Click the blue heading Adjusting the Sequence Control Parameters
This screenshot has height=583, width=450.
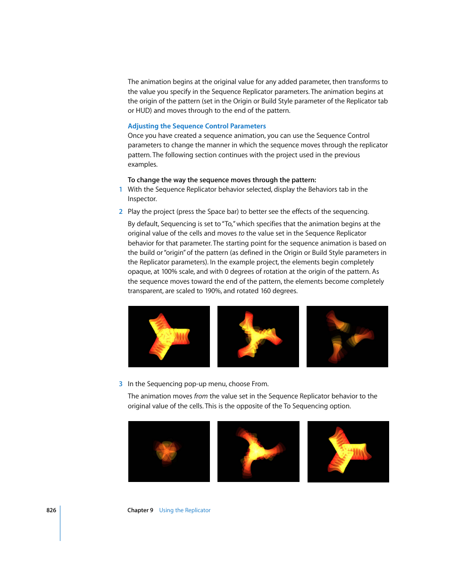197,126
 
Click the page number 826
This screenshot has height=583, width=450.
51,510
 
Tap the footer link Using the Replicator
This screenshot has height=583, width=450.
184,510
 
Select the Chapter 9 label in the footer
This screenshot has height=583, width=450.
140,510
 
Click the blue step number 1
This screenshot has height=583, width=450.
121,189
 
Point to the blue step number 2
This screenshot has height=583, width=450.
121,211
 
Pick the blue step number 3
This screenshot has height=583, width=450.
121,384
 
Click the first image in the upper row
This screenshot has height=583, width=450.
169,337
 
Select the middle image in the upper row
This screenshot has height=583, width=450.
258,337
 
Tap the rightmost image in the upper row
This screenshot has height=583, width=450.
347,337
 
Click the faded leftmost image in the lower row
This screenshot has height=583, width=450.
169,451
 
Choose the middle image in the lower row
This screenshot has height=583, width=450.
258,451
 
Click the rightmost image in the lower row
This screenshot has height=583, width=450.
348,451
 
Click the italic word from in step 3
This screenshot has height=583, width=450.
201,396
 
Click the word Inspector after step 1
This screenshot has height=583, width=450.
142,199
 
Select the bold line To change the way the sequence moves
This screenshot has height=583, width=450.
222,180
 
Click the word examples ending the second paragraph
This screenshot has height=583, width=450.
142,164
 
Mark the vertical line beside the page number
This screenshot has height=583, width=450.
60,523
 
